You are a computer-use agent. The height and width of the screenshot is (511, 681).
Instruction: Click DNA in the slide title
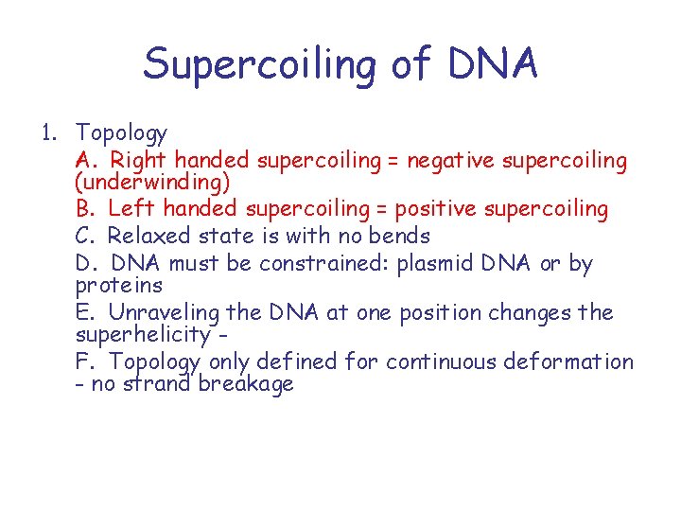494,64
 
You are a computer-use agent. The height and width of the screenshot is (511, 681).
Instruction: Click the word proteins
118,285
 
